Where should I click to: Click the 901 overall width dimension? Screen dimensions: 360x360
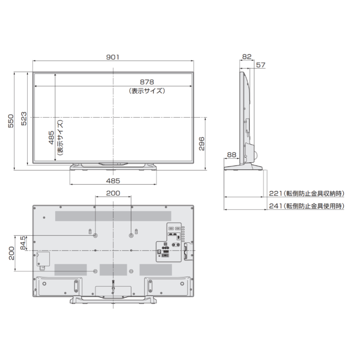coord(113,57)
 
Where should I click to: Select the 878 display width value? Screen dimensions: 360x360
coord(147,82)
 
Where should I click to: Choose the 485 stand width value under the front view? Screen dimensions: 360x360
coord(113,180)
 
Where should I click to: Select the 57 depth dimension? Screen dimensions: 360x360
coord(260,65)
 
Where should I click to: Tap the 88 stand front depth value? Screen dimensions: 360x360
coord(231,154)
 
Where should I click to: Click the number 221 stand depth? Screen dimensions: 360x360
coord(275,194)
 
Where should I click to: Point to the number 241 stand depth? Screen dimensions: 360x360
coord(275,206)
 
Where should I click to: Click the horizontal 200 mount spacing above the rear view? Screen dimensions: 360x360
coord(113,193)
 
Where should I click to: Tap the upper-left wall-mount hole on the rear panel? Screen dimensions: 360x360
coord(95,235)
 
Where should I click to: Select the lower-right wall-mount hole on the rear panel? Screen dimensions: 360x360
coord(131,271)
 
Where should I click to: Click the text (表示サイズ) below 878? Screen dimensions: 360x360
coord(147,91)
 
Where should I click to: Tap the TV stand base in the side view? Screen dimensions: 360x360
coord(242,167)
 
